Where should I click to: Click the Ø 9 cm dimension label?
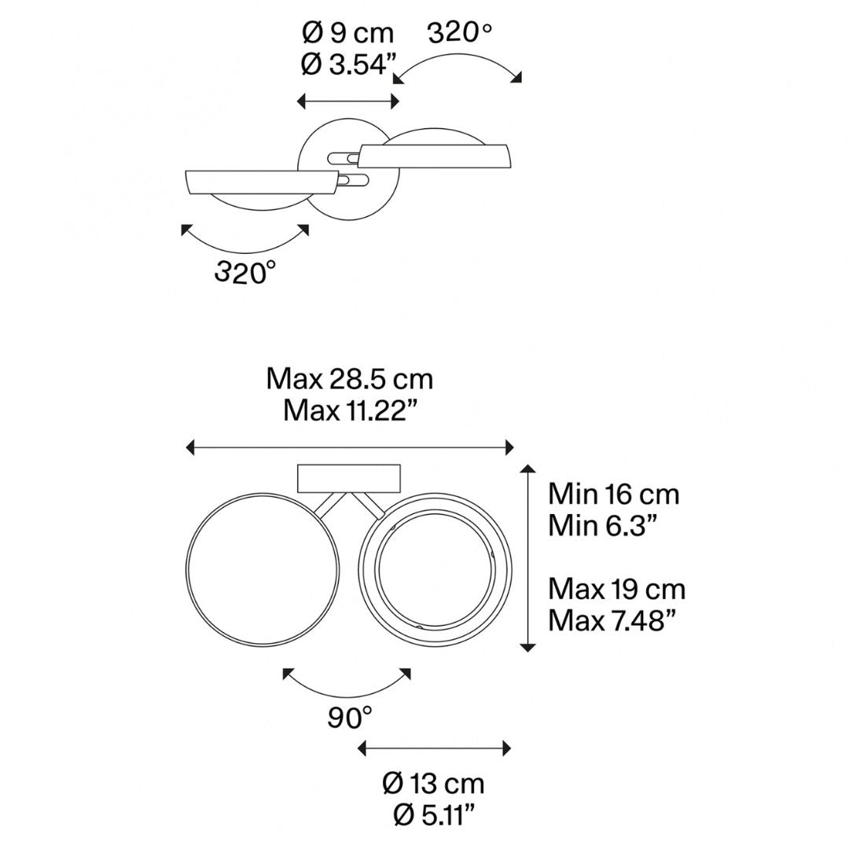[x=347, y=34]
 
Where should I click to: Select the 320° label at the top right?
[x=460, y=34]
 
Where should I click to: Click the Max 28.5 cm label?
[x=350, y=379]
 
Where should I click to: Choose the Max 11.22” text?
[x=351, y=410]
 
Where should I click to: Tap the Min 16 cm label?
[x=613, y=494]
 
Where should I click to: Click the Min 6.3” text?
[x=603, y=525]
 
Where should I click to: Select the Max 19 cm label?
[x=617, y=589]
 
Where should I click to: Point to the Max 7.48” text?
[x=612, y=620]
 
